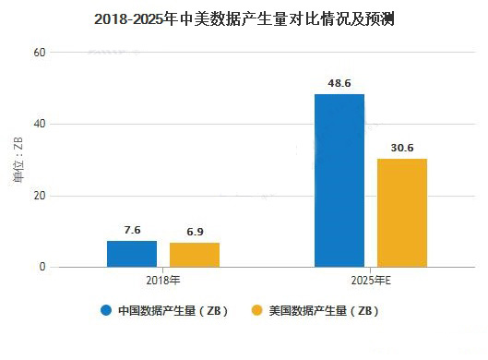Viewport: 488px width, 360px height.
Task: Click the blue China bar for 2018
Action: tap(132, 254)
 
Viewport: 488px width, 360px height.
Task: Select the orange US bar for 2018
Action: tap(195, 255)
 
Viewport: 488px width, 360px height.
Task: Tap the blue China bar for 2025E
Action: tap(339, 181)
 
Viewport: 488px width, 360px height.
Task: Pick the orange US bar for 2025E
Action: tap(401, 213)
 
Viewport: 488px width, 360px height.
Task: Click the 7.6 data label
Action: tap(132, 230)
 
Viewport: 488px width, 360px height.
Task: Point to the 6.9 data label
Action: tap(195, 232)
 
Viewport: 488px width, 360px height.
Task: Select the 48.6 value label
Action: tap(339, 82)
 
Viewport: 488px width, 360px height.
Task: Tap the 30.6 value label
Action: tap(401, 147)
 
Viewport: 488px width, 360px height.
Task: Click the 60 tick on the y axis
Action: tap(40, 53)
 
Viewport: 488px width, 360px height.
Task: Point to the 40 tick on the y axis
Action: tap(40, 125)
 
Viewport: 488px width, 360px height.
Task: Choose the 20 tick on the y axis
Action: tap(40, 196)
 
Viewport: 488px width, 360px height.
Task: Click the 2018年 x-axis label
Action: tap(163, 280)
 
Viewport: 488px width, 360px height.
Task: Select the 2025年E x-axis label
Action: tap(370, 280)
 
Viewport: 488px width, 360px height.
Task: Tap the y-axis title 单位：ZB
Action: tap(19, 160)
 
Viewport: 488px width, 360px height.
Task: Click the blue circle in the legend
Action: tap(105, 310)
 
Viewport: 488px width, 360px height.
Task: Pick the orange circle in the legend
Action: tap(256, 310)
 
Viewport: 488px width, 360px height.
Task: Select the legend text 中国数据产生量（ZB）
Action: tap(173, 311)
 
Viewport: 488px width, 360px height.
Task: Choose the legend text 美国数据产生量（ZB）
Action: tap(324, 311)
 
